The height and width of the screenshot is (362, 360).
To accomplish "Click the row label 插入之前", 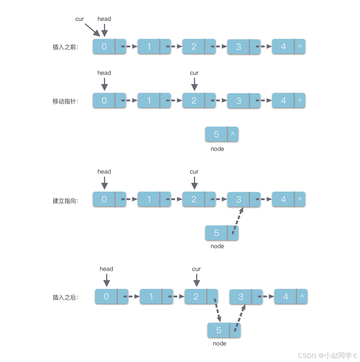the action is click(x=65, y=47).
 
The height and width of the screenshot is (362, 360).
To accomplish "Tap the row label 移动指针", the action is click(x=65, y=101).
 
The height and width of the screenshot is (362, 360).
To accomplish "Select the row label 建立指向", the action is click(x=65, y=201).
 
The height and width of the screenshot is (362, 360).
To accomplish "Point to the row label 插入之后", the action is click(x=65, y=297).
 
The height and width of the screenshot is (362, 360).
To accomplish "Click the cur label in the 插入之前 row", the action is click(x=79, y=19).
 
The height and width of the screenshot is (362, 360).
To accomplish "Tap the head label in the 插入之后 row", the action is click(x=106, y=269).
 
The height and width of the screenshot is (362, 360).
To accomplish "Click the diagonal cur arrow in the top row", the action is click(x=93, y=30).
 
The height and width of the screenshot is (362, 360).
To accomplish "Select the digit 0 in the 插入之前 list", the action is click(x=104, y=47).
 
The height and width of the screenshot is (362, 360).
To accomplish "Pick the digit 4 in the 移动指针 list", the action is click(x=283, y=101).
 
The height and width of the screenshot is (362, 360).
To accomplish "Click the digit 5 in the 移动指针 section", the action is click(x=216, y=134).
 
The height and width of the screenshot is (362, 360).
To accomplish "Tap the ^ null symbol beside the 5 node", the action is click(x=233, y=134).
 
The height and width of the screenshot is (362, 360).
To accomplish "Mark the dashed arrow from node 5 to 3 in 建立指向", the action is click(x=238, y=221).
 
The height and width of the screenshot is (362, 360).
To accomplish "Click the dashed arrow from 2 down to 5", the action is click(x=217, y=310).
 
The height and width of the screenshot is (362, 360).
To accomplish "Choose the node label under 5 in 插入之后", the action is click(x=220, y=344).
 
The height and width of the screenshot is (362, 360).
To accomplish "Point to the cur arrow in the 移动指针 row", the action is click(x=194, y=84).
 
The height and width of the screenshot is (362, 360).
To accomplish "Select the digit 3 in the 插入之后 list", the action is click(x=241, y=297).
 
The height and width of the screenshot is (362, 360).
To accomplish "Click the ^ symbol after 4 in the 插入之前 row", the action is click(x=300, y=46).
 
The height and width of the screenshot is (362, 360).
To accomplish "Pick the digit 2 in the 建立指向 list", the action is click(x=194, y=199).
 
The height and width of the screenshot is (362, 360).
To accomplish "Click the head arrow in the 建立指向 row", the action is click(x=104, y=183).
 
